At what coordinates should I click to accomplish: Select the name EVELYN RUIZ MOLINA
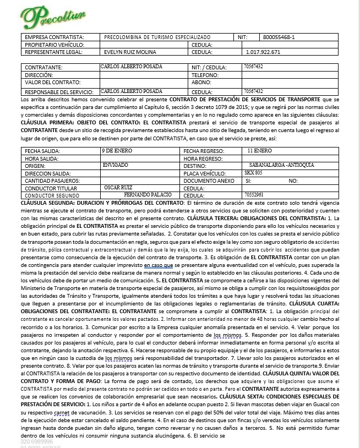[132, 52]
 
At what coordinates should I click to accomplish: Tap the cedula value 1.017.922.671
[260, 52]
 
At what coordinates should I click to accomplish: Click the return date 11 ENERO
[259, 150]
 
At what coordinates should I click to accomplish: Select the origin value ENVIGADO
[116, 165]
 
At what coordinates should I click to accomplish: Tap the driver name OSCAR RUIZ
[118, 187]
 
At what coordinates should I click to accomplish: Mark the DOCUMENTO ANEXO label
[209, 181]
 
